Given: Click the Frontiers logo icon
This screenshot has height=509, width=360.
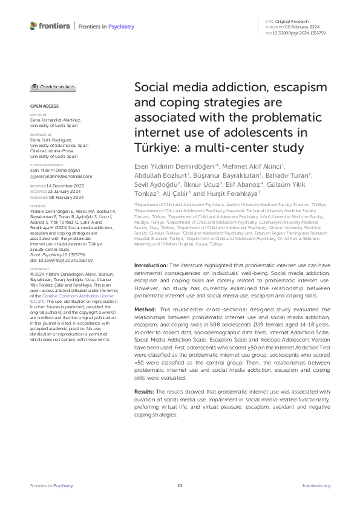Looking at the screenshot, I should [33, 26].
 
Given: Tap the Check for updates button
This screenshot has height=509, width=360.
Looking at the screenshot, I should [53, 87].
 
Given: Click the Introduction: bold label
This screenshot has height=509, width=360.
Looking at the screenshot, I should [150, 282].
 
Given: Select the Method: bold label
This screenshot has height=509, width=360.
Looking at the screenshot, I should [145, 326].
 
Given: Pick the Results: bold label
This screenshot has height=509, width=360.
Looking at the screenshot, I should [146, 391].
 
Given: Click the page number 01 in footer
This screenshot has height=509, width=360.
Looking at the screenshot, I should [180, 485].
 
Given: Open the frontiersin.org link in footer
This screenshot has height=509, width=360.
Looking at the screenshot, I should [316, 485].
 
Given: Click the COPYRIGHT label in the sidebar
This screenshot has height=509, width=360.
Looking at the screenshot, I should [40, 285].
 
